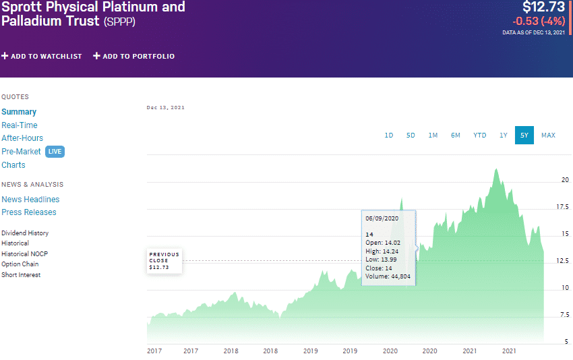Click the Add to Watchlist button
click(x=42, y=56)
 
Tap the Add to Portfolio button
click(x=133, y=56)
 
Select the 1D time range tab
click(x=389, y=136)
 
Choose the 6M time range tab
click(x=456, y=136)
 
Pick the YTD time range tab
click(x=479, y=136)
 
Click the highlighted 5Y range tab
click(x=524, y=136)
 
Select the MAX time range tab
click(x=548, y=136)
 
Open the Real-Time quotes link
click(x=20, y=125)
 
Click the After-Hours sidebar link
click(x=22, y=138)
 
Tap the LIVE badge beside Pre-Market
click(x=55, y=152)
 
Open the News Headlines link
click(x=30, y=200)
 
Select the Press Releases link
click(x=29, y=212)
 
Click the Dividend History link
click(x=25, y=233)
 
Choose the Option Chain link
click(x=20, y=264)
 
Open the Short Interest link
click(x=21, y=275)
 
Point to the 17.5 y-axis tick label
click(x=562, y=207)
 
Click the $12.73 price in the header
click(x=543, y=8)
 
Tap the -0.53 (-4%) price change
click(x=539, y=21)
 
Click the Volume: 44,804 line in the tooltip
click(x=388, y=276)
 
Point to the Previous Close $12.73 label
click(x=164, y=261)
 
